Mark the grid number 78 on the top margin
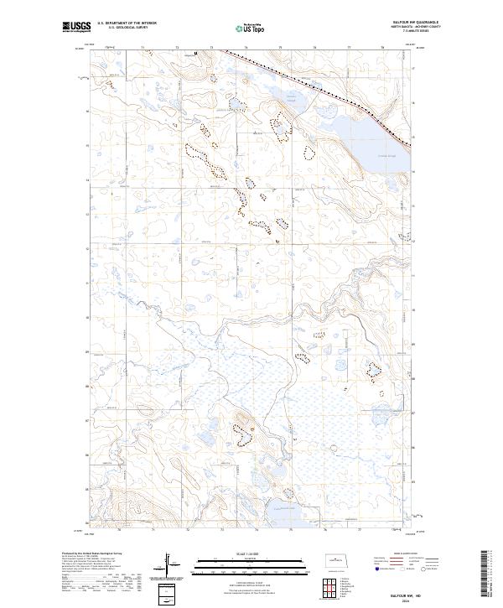click(x=381, y=48)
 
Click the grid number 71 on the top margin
click(x=143, y=48)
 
